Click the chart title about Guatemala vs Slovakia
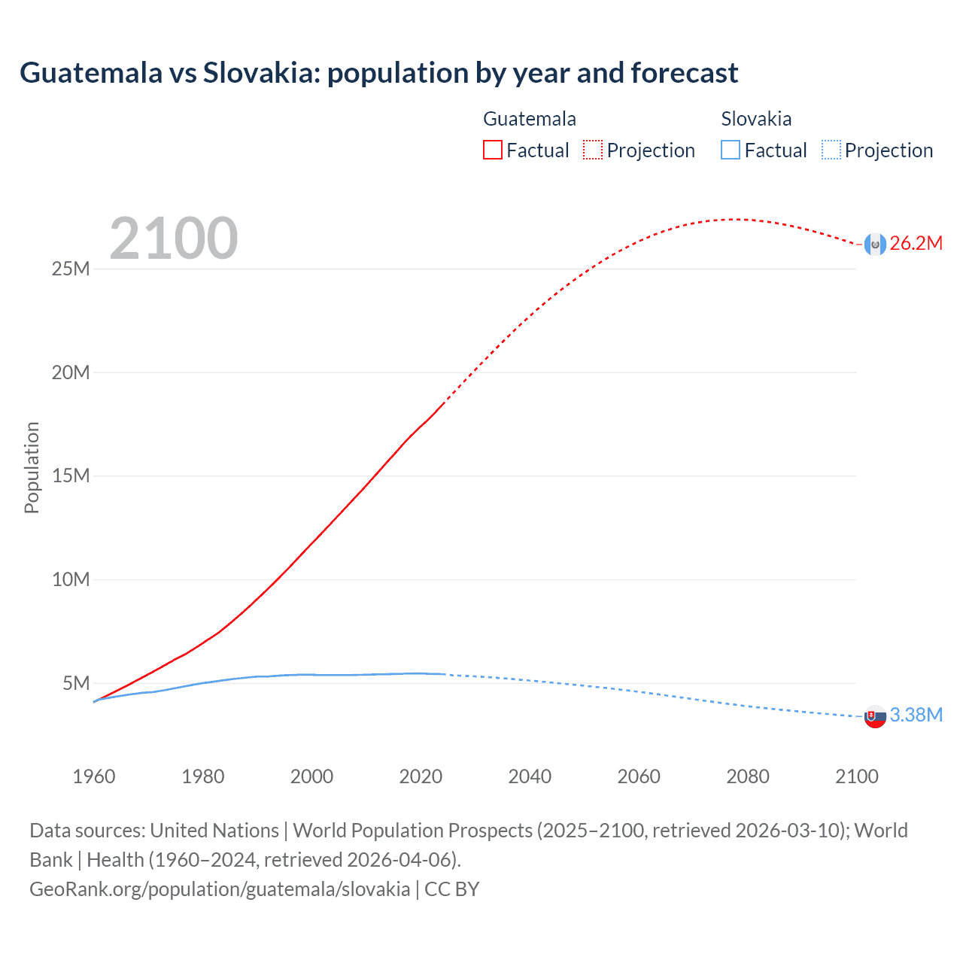tap(378, 73)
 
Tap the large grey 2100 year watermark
tap(174, 238)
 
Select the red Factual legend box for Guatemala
tap(492, 150)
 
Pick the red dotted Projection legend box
tap(593, 150)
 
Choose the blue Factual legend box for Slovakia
tap(731, 150)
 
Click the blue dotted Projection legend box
tap(831, 150)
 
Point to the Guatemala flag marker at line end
tap(875, 244)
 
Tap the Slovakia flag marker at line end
tap(875, 716)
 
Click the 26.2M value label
tap(916, 243)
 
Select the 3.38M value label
tap(916, 715)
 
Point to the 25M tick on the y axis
tap(71, 269)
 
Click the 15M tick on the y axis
tap(71, 475)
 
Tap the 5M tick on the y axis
tap(76, 682)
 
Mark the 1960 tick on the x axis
tap(94, 776)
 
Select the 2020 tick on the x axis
tap(421, 776)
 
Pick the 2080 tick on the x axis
tap(747, 776)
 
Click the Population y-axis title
tap(32, 467)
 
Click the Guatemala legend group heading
tap(530, 119)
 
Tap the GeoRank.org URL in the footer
tap(220, 889)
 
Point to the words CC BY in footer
tap(451, 889)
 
